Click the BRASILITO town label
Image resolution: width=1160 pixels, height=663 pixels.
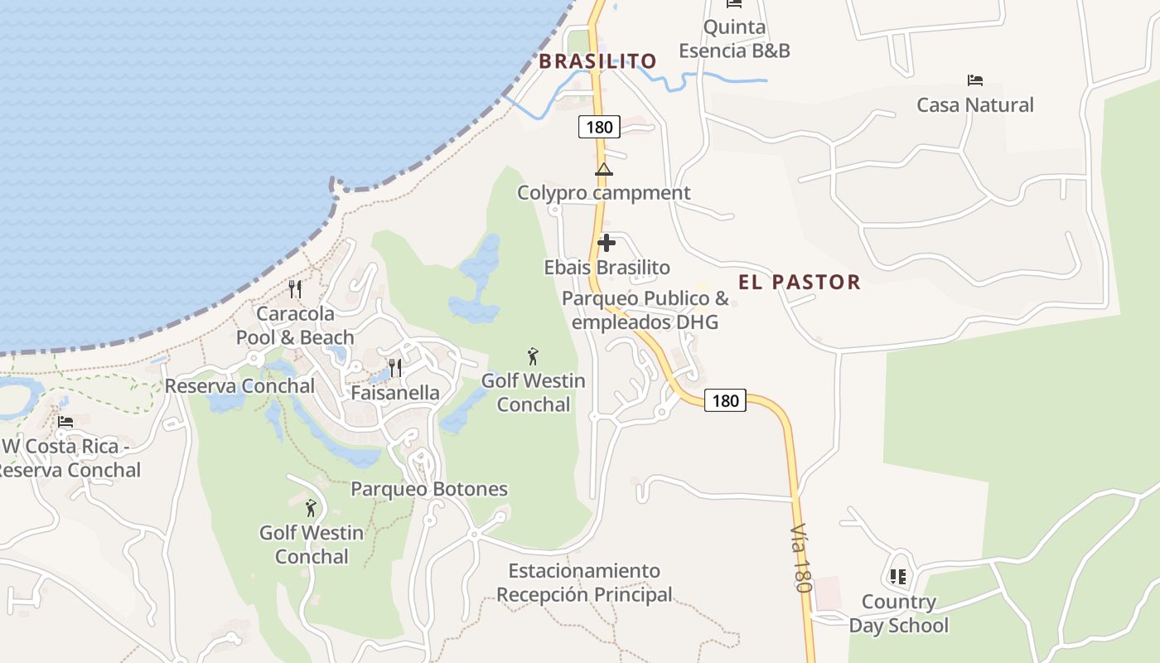click(x=597, y=61)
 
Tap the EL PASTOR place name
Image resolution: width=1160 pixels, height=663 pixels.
click(x=800, y=283)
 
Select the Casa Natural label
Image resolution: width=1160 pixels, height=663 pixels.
click(x=974, y=105)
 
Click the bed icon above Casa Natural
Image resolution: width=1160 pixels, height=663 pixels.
click(x=974, y=80)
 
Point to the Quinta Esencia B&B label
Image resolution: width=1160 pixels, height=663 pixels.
click(x=734, y=39)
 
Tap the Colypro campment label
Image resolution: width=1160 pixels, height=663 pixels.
click(x=603, y=193)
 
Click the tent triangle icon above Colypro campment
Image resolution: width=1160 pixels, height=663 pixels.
click(x=603, y=170)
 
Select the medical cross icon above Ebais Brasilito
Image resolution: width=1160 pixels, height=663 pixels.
click(x=607, y=243)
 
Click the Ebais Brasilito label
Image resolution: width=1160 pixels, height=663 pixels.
click(x=607, y=268)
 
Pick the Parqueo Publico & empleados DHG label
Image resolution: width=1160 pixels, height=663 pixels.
click(x=645, y=310)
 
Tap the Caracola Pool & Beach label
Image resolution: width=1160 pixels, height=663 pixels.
click(x=295, y=326)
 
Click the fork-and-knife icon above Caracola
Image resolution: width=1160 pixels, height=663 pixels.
click(x=294, y=289)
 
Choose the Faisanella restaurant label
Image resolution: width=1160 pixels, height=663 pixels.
click(x=395, y=393)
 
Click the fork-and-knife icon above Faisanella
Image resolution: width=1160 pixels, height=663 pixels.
click(x=395, y=367)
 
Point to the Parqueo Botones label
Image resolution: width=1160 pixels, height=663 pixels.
click(x=428, y=489)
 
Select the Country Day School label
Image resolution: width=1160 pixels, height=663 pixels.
click(x=898, y=613)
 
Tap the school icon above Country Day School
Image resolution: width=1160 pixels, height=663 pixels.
click(x=897, y=576)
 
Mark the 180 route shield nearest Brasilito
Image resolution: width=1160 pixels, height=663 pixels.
click(x=599, y=127)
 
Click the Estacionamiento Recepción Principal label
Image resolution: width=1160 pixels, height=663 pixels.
click(x=584, y=583)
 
